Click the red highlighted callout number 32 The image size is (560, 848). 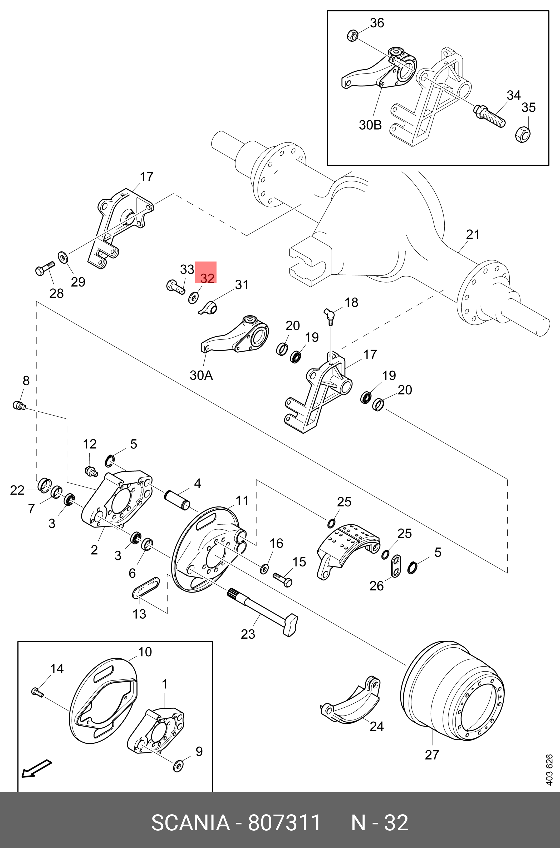point(207,278)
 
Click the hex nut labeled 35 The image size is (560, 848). point(523,134)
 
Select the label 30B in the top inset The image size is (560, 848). point(370,125)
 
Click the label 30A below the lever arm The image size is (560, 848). point(201,376)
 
